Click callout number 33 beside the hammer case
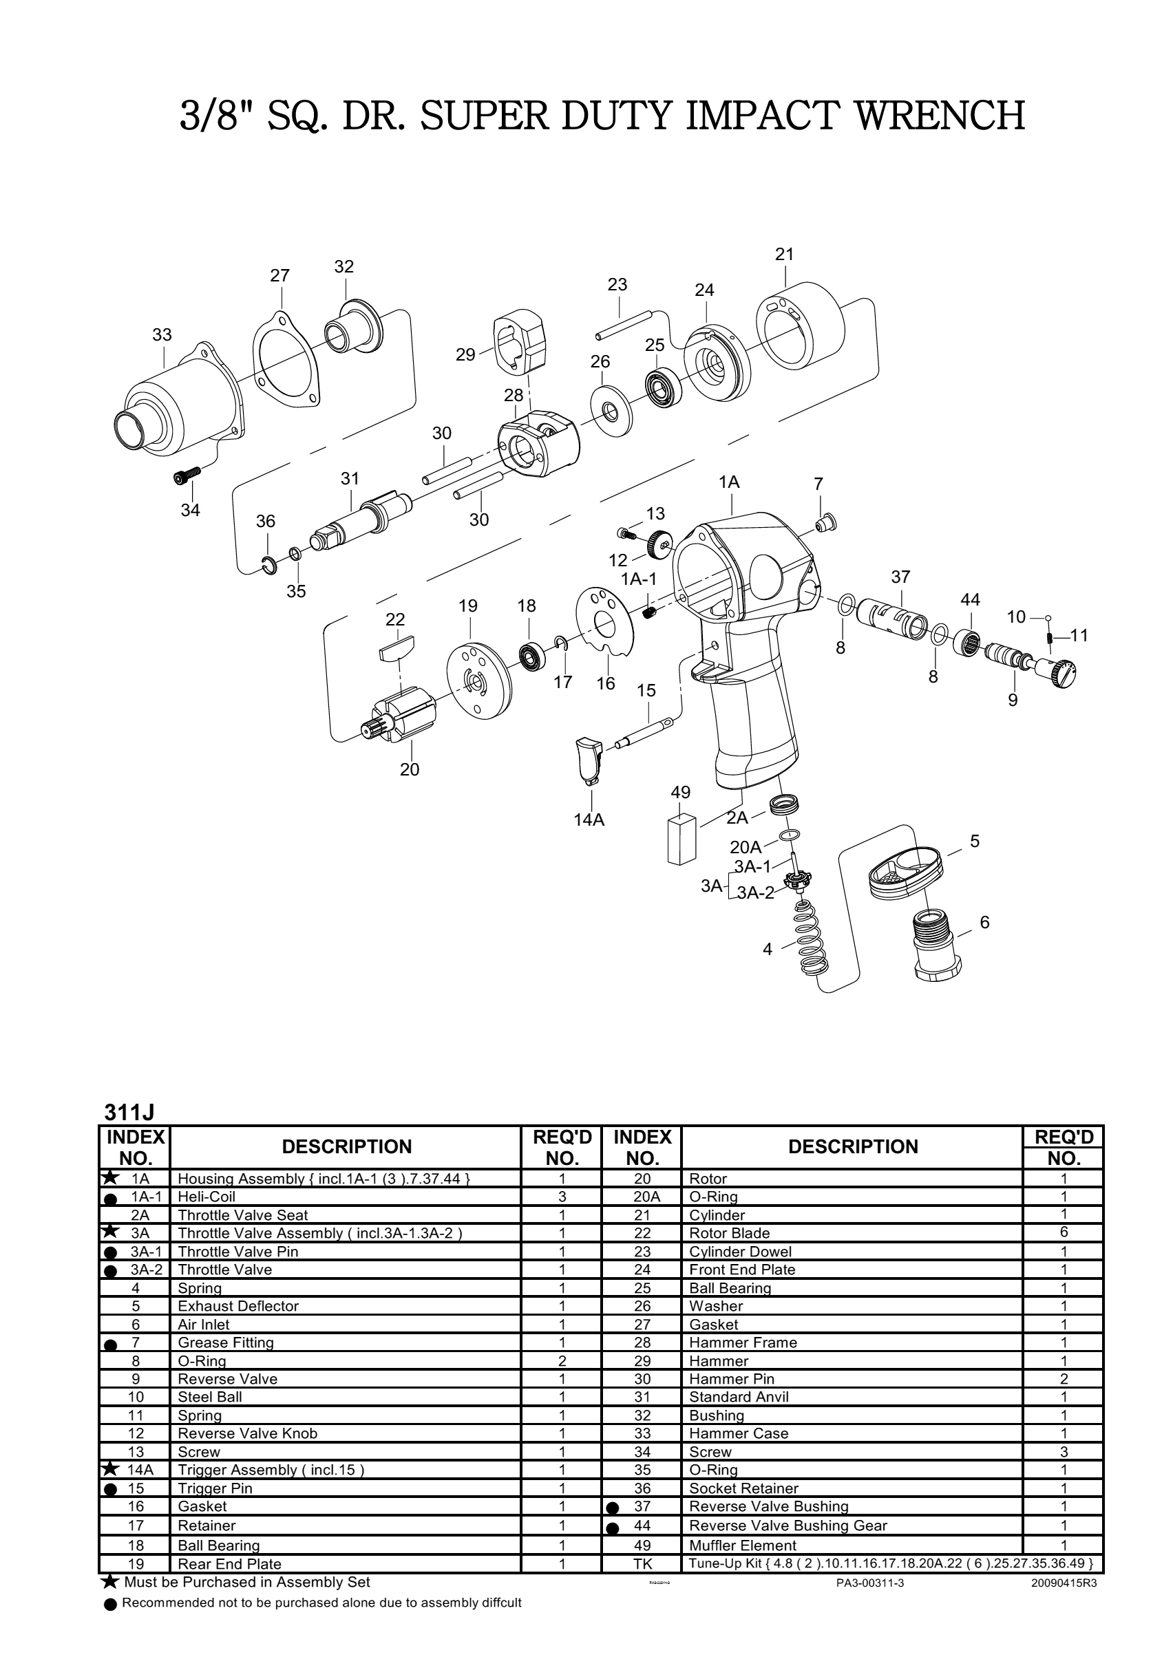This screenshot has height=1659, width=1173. (162, 334)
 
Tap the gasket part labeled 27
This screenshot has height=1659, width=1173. (286, 361)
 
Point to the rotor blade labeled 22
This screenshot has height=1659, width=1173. (397, 645)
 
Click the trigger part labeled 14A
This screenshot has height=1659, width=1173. (589, 760)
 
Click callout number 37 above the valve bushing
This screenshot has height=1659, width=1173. (900, 577)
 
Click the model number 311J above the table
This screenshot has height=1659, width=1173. (129, 1111)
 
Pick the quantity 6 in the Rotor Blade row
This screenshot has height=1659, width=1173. (1063, 1232)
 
